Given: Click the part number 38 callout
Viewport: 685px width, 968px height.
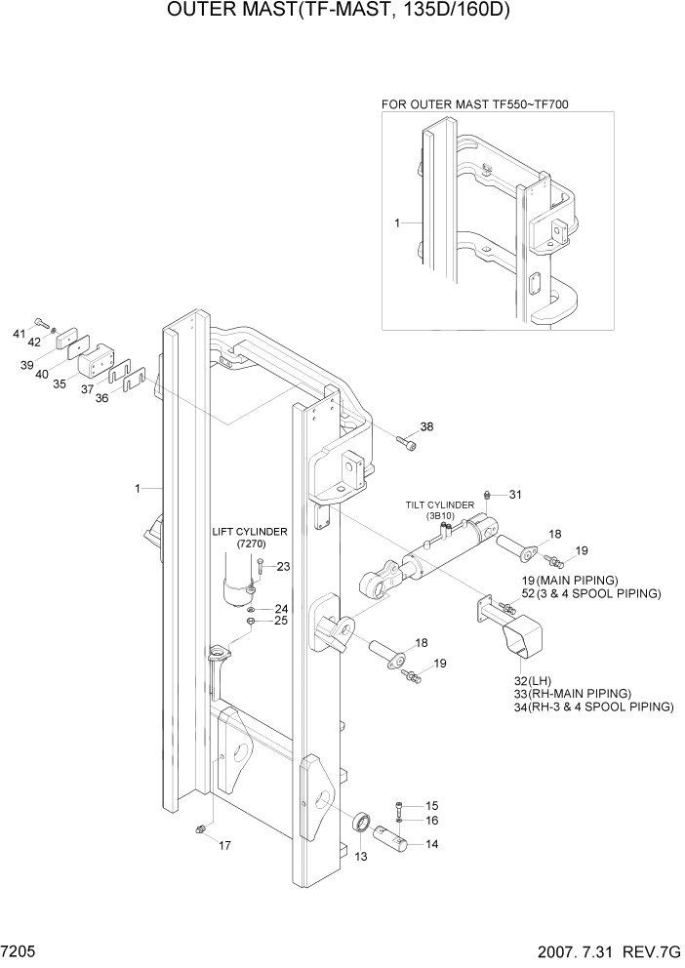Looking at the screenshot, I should [425, 426].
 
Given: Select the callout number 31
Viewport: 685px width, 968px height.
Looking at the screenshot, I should [515, 495].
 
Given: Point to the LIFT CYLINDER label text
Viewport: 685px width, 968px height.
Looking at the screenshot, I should [250, 532].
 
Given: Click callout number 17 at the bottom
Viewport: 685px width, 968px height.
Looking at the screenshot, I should [224, 845].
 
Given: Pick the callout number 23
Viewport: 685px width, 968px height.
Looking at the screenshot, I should [283, 566].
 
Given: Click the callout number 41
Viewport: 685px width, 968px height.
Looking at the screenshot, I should [19, 335].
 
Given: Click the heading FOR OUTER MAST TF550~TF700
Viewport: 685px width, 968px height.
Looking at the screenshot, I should [475, 102].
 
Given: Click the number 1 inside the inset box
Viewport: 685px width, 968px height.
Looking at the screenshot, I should [397, 223].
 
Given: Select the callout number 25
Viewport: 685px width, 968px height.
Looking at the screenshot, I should [280, 621].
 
